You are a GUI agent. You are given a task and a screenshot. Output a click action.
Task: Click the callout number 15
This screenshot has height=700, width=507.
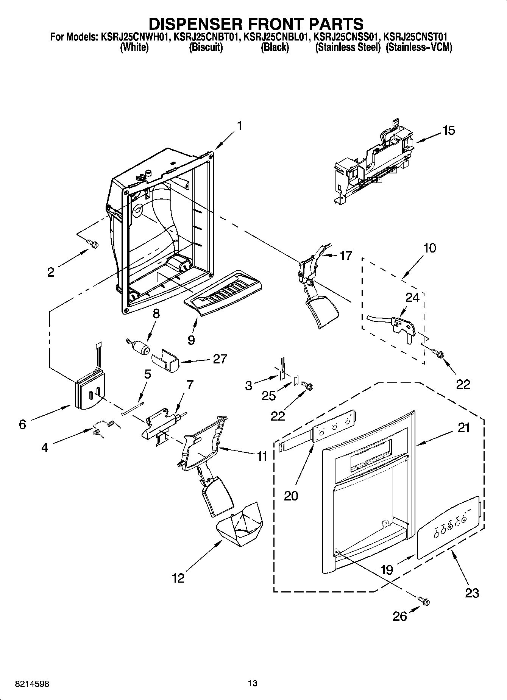point(449,131)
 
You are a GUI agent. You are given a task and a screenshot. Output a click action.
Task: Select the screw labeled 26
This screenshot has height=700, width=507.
point(424,601)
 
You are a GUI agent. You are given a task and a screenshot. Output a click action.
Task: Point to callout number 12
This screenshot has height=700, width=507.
point(178,578)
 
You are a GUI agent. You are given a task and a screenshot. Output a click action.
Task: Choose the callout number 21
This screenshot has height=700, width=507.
point(463,428)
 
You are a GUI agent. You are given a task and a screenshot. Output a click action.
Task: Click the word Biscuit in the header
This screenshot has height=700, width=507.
point(206,48)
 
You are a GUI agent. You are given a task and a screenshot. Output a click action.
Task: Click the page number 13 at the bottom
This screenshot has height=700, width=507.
point(253,683)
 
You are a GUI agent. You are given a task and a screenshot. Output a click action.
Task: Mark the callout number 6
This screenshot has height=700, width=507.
point(22,424)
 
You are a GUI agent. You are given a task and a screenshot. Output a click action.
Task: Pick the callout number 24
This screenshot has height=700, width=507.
point(412,298)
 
